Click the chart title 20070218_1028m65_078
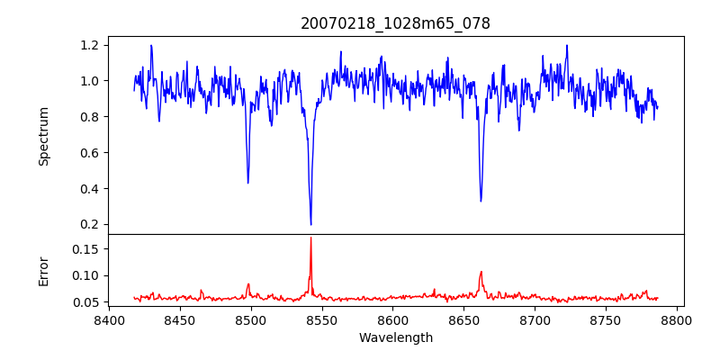click(395, 24)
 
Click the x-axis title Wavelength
click(395, 337)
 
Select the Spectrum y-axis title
click(43, 136)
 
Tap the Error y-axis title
click(43, 270)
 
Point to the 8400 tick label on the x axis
click(109, 319)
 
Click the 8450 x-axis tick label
click(180, 319)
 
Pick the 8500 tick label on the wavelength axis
click(251, 319)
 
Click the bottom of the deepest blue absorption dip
click(310, 224)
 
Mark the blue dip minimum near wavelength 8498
click(248, 183)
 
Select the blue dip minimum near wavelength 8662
click(481, 201)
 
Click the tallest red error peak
click(310, 238)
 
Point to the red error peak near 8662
click(481, 272)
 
